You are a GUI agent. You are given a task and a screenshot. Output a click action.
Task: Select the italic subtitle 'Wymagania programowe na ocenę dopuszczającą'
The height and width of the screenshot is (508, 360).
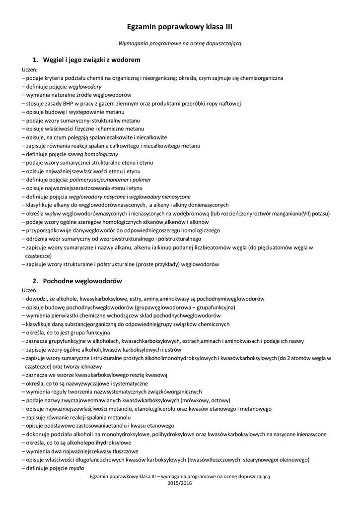[x=180, y=43]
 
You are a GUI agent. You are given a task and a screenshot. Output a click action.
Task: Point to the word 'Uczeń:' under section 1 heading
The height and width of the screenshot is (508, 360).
[x=30, y=70]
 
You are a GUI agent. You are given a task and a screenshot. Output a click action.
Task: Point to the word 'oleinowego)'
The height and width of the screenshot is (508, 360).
[x=293, y=459]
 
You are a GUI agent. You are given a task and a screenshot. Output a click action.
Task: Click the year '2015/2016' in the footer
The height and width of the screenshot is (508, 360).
[x=180, y=483]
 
